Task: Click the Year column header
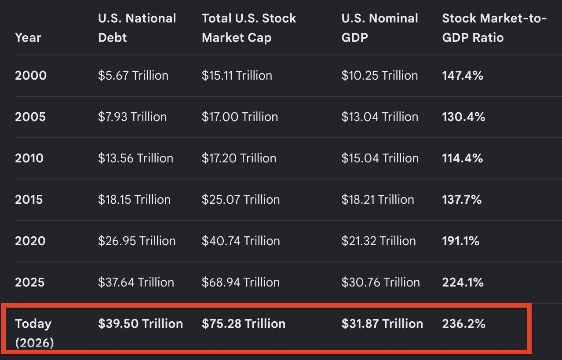click(x=28, y=38)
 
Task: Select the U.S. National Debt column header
click(x=137, y=28)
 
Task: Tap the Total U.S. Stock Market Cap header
click(x=248, y=28)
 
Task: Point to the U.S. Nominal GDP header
click(x=380, y=28)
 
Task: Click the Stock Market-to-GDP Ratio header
click(x=494, y=28)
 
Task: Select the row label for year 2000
click(x=31, y=76)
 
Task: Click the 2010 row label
click(x=29, y=158)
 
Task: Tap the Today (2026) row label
click(x=34, y=333)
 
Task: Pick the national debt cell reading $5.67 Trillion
click(x=133, y=76)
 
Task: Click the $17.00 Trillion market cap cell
click(x=240, y=117)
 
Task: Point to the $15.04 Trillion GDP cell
click(x=380, y=158)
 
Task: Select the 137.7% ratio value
click(x=462, y=200)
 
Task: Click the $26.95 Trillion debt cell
click(x=137, y=241)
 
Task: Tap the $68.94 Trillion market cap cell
click(x=241, y=283)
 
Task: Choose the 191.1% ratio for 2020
click(x=461, y=241)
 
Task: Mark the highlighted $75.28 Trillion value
click(x=243, y=323)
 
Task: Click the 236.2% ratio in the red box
click(x=463, y=323)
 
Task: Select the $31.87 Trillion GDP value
click(x=382, y=323)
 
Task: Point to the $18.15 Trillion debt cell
click(x=134, y=200)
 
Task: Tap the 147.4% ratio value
click(x=462, y=76)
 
